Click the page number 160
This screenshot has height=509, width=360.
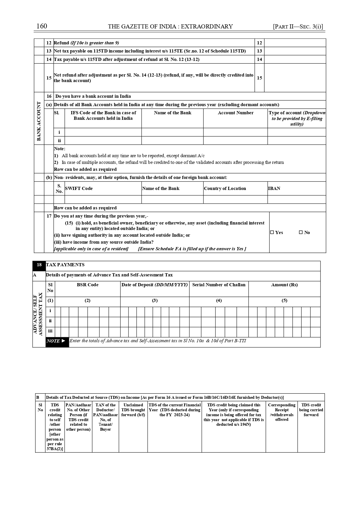(41, 26)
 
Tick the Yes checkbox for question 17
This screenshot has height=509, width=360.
(272, 232)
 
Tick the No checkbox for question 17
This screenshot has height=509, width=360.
(301, 232)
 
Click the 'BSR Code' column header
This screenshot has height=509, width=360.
(87, 285)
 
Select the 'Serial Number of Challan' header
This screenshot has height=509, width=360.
(219, 285)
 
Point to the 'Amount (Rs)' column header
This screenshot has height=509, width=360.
(284, 285)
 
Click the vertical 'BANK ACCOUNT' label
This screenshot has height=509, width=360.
(39, 121)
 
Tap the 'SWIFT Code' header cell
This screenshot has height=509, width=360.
(79, 189)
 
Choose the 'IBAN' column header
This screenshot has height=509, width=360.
(274, 189)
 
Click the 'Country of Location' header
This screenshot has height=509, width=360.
(225, 189)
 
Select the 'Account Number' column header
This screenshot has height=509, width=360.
(236, 113)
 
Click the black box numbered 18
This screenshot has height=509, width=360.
(39, 265)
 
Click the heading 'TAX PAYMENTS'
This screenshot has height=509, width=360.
(65, 265)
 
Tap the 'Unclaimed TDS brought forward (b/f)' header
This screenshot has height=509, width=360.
(133, 410)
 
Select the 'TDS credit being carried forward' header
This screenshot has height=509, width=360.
(311, 410)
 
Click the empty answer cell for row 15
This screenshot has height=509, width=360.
(295, 78)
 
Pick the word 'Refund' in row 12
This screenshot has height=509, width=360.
(61, 43)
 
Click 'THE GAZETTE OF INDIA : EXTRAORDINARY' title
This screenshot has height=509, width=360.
(170, 27)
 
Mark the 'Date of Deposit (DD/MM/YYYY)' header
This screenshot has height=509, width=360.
(155, 285)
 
